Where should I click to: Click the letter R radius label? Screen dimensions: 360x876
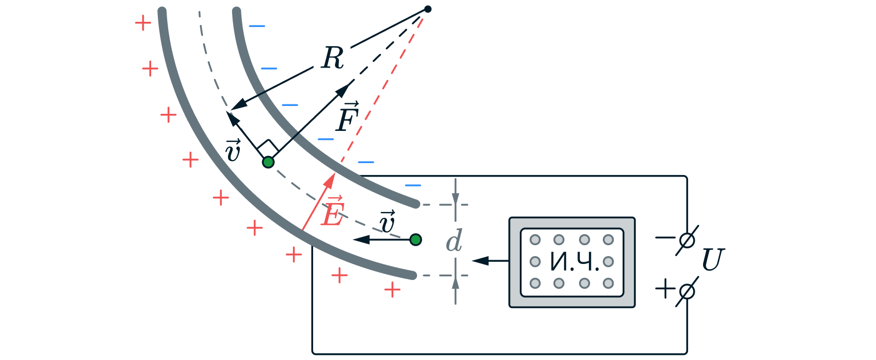coord(333,58)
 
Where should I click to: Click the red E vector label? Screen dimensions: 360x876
coord(333,212)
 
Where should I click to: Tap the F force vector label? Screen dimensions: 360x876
coord(347,118)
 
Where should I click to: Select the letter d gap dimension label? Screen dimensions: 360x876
coord(454,242)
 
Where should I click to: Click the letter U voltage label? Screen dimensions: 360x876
coord(712,260)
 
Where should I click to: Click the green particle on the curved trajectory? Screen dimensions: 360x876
coord(268,162)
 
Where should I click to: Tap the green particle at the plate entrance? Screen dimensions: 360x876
coord(415,239)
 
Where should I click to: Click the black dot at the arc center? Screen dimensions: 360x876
coord(428,9)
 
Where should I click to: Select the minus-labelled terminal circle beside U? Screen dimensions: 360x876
coord(686,241)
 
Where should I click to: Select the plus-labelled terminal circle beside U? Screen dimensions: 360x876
coord(686,291)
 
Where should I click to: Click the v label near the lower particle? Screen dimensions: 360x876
coord(387,222)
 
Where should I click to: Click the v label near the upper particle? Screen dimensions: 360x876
coord(233,151)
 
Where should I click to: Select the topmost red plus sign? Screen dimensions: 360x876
coord(143,23)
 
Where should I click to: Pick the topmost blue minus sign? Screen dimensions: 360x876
coord(257,26)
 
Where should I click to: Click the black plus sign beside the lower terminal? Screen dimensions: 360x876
coord(665,288)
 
